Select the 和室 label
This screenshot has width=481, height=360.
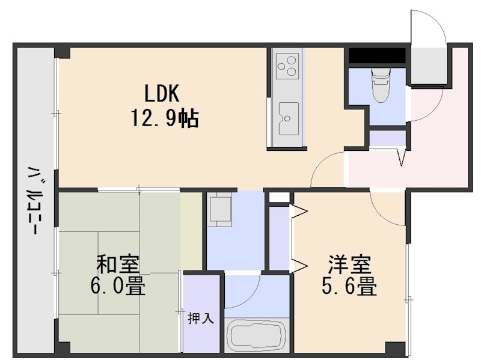pos(118,265)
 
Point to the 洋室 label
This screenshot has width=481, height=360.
pos(349,265)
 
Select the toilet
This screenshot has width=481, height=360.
pos(380,85)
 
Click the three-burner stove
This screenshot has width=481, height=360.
pos(287,65)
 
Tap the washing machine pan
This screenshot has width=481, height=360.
pos(221,210)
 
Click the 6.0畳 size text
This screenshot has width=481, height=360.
pos(118,286)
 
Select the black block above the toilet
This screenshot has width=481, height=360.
pos(377,55)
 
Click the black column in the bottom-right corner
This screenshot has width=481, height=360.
pos(394,348)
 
